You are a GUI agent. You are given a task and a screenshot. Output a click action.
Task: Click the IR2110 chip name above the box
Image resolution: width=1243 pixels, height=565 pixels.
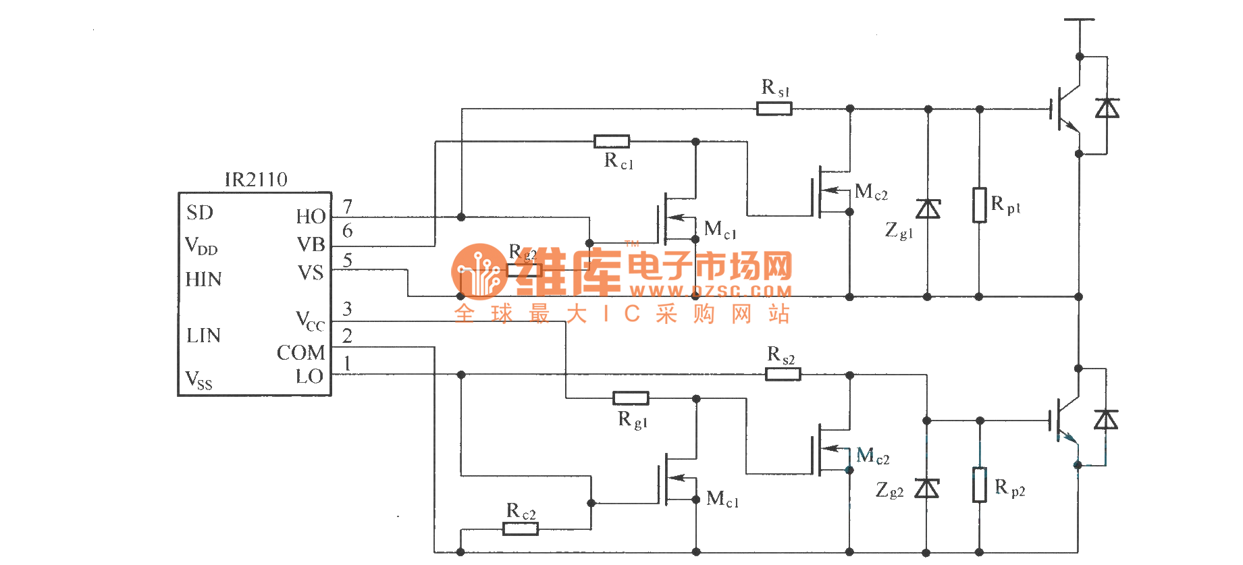[256, 180]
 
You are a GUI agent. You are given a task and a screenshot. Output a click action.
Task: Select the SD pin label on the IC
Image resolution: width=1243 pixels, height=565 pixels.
[200, 213]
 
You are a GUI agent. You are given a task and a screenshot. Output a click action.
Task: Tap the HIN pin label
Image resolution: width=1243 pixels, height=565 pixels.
[203, 279]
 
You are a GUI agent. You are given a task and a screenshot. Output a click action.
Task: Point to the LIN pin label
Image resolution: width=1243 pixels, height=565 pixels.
[203, 335]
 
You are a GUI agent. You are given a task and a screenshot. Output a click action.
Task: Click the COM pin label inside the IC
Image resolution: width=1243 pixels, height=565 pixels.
[300, 353]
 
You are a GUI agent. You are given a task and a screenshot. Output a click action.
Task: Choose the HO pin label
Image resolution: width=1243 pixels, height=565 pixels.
[311, 217]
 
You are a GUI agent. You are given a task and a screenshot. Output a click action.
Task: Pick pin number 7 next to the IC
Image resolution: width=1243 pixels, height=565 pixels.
[348, 206]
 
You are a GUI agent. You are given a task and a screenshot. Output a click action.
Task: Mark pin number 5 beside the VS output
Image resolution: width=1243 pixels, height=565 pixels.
[348, 260]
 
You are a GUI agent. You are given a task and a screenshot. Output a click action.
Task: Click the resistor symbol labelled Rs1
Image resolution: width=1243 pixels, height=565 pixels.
[774, 109]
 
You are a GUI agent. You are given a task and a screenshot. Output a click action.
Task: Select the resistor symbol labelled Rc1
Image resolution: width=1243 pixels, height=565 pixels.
[612, 142]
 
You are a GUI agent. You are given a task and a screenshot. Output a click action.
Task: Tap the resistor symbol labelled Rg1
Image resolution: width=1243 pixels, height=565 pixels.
[631, 398]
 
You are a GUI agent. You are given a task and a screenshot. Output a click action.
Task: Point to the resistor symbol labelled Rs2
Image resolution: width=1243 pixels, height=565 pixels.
[783, 374]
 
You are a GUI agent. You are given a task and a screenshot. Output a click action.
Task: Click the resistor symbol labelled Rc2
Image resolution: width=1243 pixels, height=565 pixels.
[521, 529]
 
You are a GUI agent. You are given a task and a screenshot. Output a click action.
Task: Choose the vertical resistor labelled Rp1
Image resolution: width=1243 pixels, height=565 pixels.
[979, 205]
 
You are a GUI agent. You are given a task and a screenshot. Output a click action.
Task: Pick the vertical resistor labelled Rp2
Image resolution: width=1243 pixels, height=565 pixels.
[979, 485]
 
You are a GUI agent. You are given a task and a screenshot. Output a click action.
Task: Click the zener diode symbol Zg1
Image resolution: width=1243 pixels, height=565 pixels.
[928, 209]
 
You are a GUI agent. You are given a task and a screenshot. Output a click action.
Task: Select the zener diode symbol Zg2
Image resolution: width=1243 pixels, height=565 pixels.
[927, 487]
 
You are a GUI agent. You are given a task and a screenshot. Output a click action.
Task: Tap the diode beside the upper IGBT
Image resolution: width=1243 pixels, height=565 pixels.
[1107, 108]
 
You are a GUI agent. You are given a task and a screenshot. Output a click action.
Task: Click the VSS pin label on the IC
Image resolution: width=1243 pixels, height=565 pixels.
[199, 380]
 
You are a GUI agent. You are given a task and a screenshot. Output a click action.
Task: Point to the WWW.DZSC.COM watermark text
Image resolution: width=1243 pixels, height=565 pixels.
[710, 292]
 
